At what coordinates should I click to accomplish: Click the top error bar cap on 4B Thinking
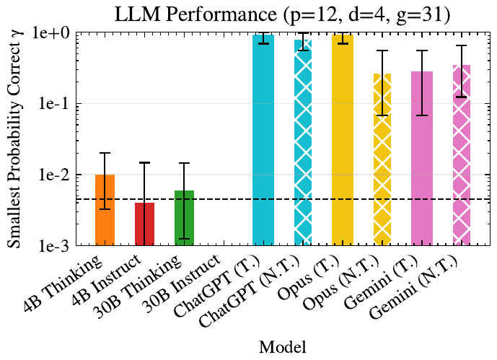click(x=105, y=153)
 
